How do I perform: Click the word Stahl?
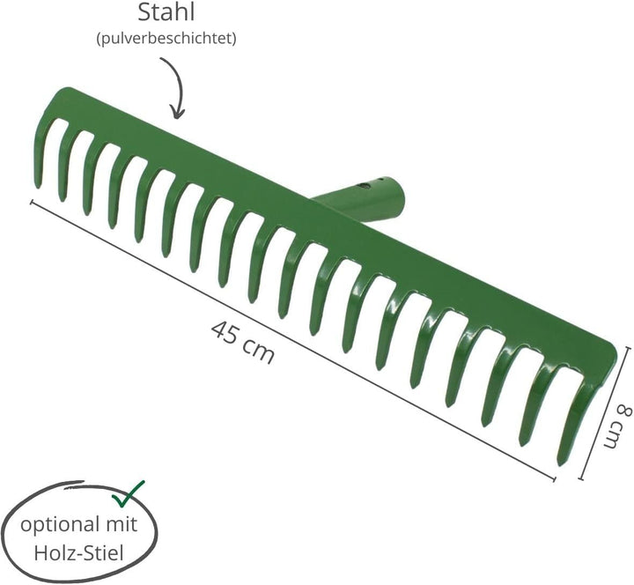(x=166, y=12)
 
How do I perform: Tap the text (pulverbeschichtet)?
(x=166, y=39)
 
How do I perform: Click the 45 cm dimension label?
(x=243, y=342)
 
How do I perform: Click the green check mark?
(x=129, y=494)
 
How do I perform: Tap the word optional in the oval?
(x=60, y=525)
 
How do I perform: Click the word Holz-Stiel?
(x=79, y=552)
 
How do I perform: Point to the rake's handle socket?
(x=360, y=197)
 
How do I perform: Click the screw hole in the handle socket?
(x=364, y=187)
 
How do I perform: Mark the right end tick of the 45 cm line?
(x=553, y=479)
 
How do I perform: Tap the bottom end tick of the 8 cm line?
(x=581, y=479)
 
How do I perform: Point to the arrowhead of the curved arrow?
(x=176, y=113)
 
